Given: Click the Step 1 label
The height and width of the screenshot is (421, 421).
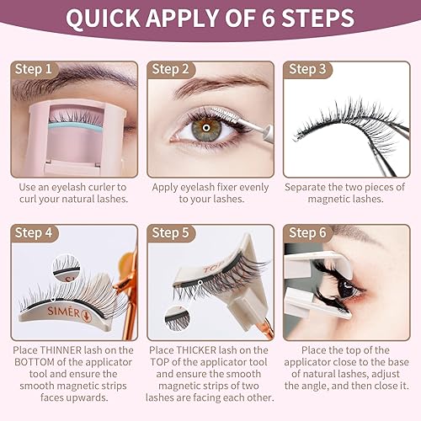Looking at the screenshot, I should pyautogui.click(x=35, y=69).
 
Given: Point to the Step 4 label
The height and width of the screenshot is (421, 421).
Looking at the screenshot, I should pyautogui.click(x=35, y=232).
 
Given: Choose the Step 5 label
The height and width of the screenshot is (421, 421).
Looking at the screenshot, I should pyautogui.click(x=173, y=232).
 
